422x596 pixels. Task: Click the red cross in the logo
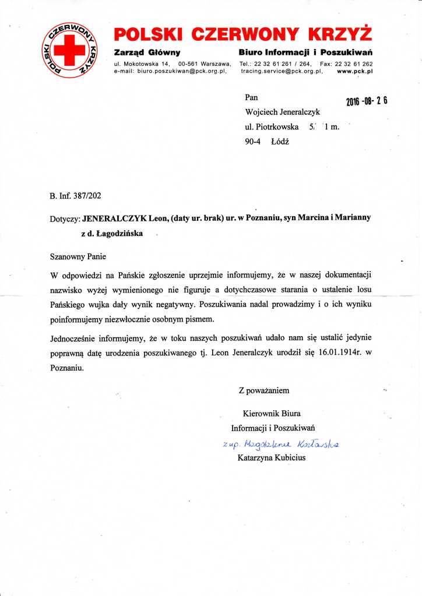(x=74, y=50)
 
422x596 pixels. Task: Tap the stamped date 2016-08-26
(x=367, y=100)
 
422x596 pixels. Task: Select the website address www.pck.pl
(x=355, y=70)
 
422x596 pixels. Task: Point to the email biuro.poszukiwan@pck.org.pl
(x=181, y=70)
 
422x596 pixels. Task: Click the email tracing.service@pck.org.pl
(x=282, y=70)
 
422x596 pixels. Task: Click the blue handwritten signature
(x=280, y=445)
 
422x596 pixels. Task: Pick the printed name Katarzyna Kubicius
(x=272, y=457)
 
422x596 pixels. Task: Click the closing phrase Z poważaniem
(x=263, y=390)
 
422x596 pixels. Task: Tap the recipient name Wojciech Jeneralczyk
(x=282, y=112)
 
